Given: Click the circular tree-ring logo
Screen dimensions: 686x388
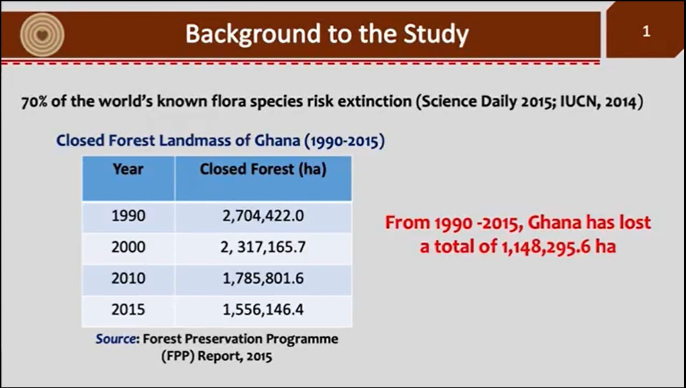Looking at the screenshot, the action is click(x=42, y=35).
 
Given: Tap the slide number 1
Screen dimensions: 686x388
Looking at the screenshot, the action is click(x=646, y=31).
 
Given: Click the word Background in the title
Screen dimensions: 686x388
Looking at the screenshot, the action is click(x=253, y=34).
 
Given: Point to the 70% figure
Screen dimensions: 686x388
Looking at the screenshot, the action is click(x=35, y=102).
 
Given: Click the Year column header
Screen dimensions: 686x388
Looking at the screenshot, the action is click(x=128, y=170).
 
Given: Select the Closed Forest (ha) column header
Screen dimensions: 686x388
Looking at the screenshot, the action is click(x=263, y=170).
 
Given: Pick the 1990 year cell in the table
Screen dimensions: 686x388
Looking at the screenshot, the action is click(x=128, y=216).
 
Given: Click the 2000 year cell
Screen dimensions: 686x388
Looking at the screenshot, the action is click(x=128, y=247).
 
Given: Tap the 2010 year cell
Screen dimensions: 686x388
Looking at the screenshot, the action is click(x=128, y=279).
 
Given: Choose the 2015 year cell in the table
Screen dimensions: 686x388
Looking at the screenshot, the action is click(x=128, y=310).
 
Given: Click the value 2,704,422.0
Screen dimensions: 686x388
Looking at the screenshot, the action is click(x=263, y=216).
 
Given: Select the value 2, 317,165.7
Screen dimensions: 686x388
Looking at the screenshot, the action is click(x=263, y=247).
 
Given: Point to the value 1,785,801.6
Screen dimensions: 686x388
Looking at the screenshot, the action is click(x=263, y=279).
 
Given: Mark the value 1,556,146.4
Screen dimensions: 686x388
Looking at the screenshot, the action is click(x=263, y=310).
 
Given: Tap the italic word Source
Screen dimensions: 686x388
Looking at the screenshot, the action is click(x=116, y=339).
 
